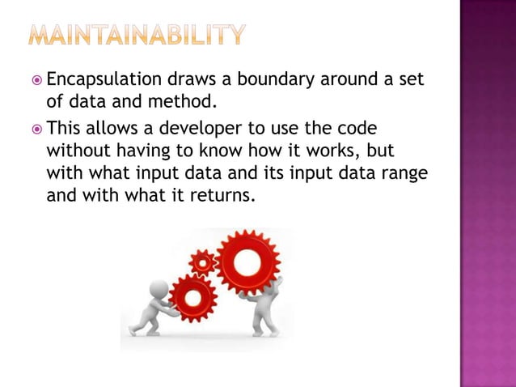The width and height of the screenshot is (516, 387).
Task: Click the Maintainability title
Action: (x=136, y=35)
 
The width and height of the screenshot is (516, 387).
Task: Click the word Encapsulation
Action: (x=104, y=81)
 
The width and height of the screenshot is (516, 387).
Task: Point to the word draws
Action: (x=187, y=81)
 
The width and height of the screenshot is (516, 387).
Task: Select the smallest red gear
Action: (x=202, y=262)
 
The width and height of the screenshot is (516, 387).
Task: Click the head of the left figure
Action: (x=159, y=289)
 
